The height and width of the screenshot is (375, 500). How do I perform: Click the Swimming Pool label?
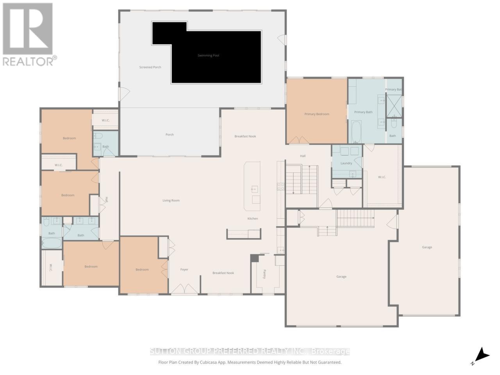click(x=208, y=55)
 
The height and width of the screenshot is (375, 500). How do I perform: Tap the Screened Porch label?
click(x=150, y=67)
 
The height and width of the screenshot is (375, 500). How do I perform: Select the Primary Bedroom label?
click(x=317, y=114)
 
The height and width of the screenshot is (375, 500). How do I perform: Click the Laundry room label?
click(x=346, y=163)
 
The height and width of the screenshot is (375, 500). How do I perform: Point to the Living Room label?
click(x=171, y=200)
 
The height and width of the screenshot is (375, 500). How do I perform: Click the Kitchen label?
click(x=253, y=218)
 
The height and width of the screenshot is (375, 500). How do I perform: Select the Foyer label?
click(x=184, y=270)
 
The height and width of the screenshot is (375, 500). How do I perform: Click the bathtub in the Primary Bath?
click(x=356, y=132)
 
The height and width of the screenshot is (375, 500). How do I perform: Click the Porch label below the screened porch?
click(x=170, y=134)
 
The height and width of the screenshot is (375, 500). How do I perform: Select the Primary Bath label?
click(x=363, y=112)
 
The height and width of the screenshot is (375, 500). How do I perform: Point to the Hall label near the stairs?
click(x=303, y=156)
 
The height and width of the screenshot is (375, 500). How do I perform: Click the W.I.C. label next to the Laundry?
click(x=382, y=177)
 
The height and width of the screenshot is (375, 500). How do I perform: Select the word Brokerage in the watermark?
click(x=331, y=352)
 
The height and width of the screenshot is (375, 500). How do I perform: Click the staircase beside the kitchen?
click(x=302, y=180)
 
